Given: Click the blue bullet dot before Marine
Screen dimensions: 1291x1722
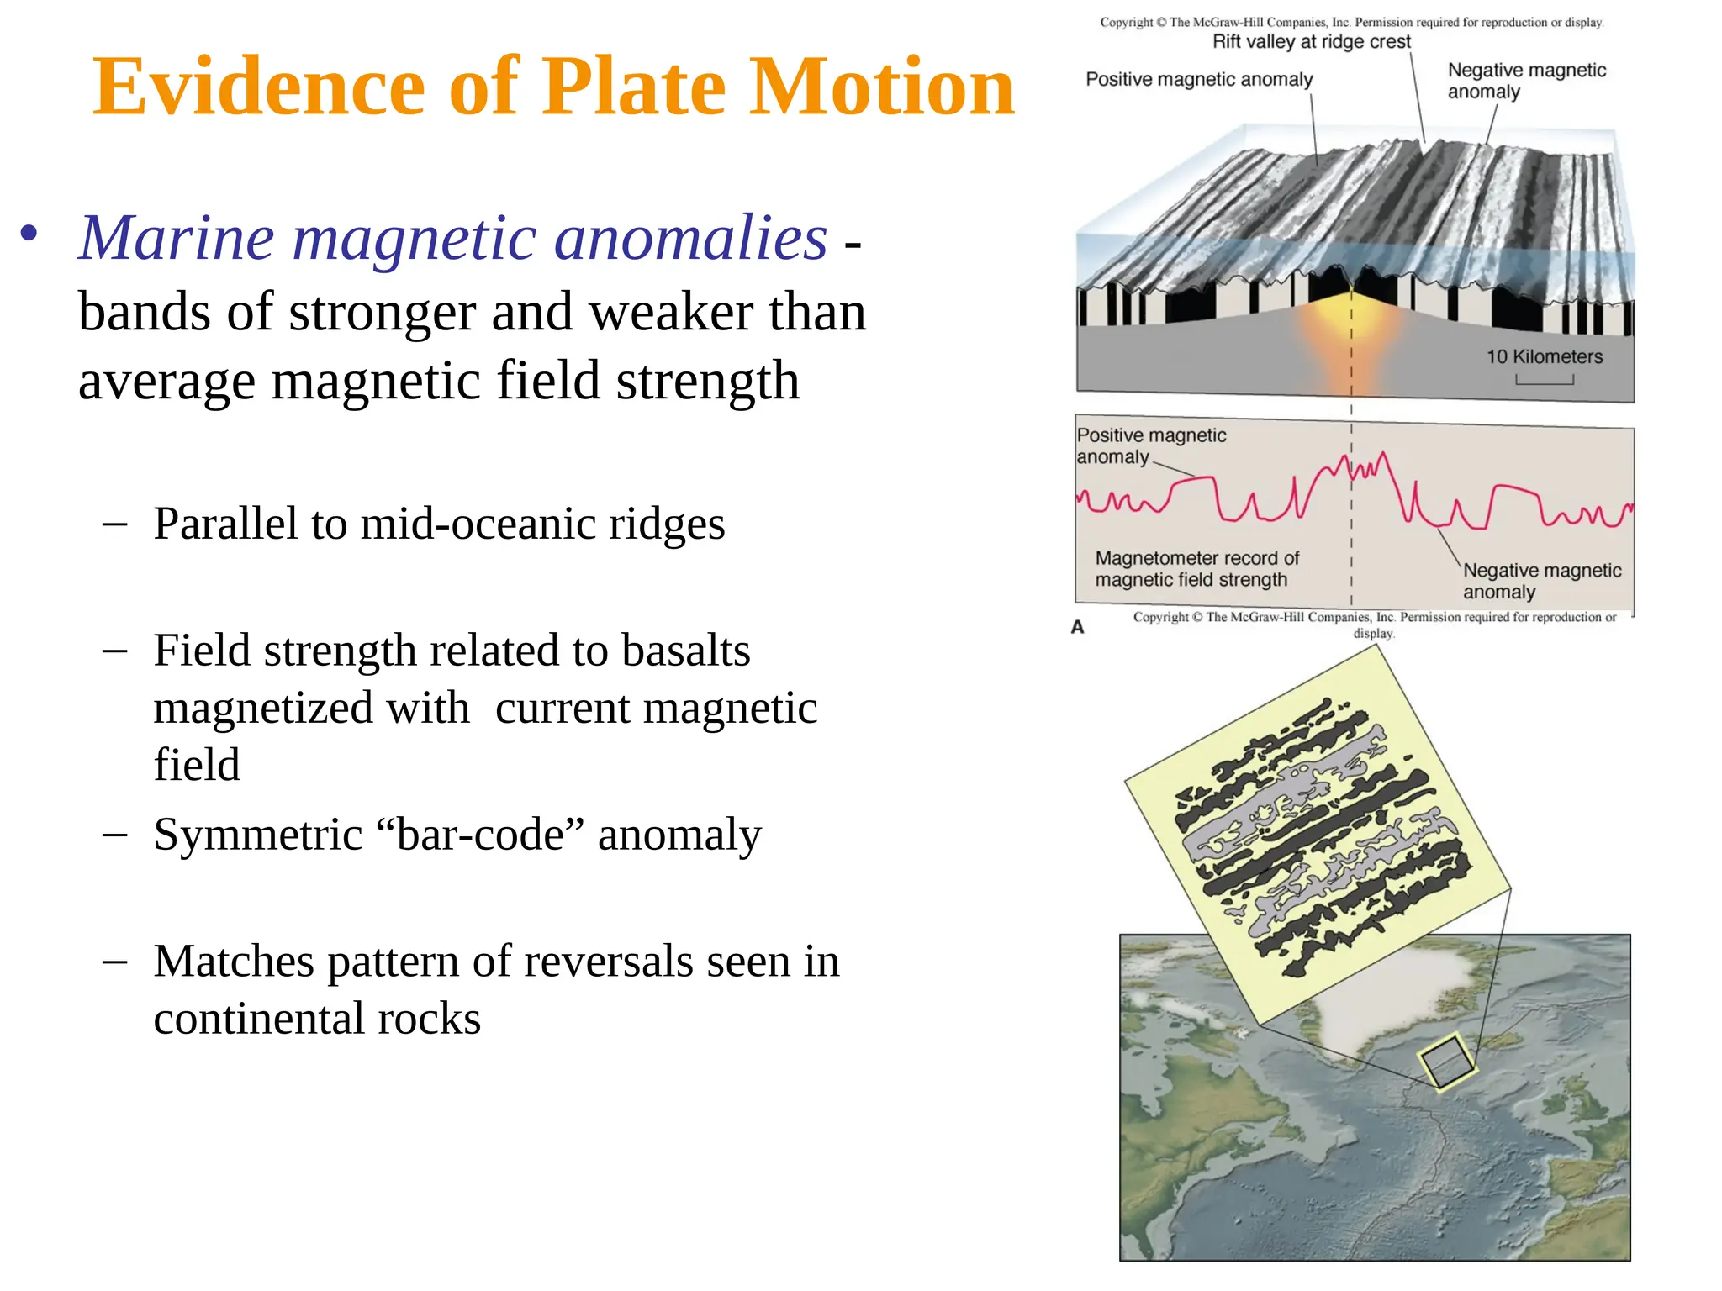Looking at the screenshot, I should coord(29,234).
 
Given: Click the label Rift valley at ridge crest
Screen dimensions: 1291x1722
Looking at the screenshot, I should coord(1311,42).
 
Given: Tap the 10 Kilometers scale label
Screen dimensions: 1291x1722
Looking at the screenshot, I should coord(1544,356).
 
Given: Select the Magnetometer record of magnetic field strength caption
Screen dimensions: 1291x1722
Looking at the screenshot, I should coord(1196,569).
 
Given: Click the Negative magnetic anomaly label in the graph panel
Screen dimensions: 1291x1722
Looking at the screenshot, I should coord(1540,581).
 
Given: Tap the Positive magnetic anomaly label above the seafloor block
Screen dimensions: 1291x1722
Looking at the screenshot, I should coord(1198,80).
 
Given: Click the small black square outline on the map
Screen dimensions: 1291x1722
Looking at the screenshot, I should coord(1446,1062).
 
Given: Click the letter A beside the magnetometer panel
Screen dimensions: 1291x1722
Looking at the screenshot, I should coord(1077,627).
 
